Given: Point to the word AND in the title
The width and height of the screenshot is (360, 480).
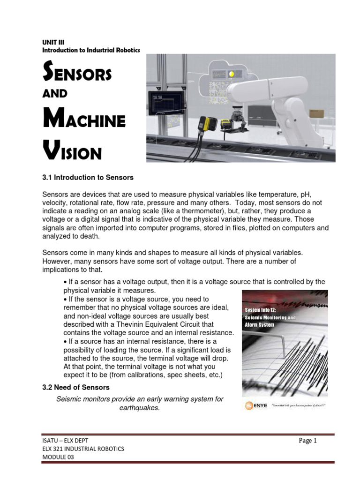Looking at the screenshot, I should pos(55,93).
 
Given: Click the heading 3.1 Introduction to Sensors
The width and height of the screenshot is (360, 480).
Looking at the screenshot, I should pos(88,178).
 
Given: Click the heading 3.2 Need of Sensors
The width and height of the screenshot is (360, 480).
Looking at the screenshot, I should pos(76,387).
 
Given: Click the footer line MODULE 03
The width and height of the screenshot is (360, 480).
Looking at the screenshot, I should pos(58,457).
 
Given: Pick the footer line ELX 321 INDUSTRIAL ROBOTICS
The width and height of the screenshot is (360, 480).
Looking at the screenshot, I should pos(83,449).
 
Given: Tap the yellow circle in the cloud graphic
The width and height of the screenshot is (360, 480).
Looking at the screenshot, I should pos(231,74).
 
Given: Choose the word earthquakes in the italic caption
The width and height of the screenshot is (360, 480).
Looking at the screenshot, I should pos(140,408).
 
